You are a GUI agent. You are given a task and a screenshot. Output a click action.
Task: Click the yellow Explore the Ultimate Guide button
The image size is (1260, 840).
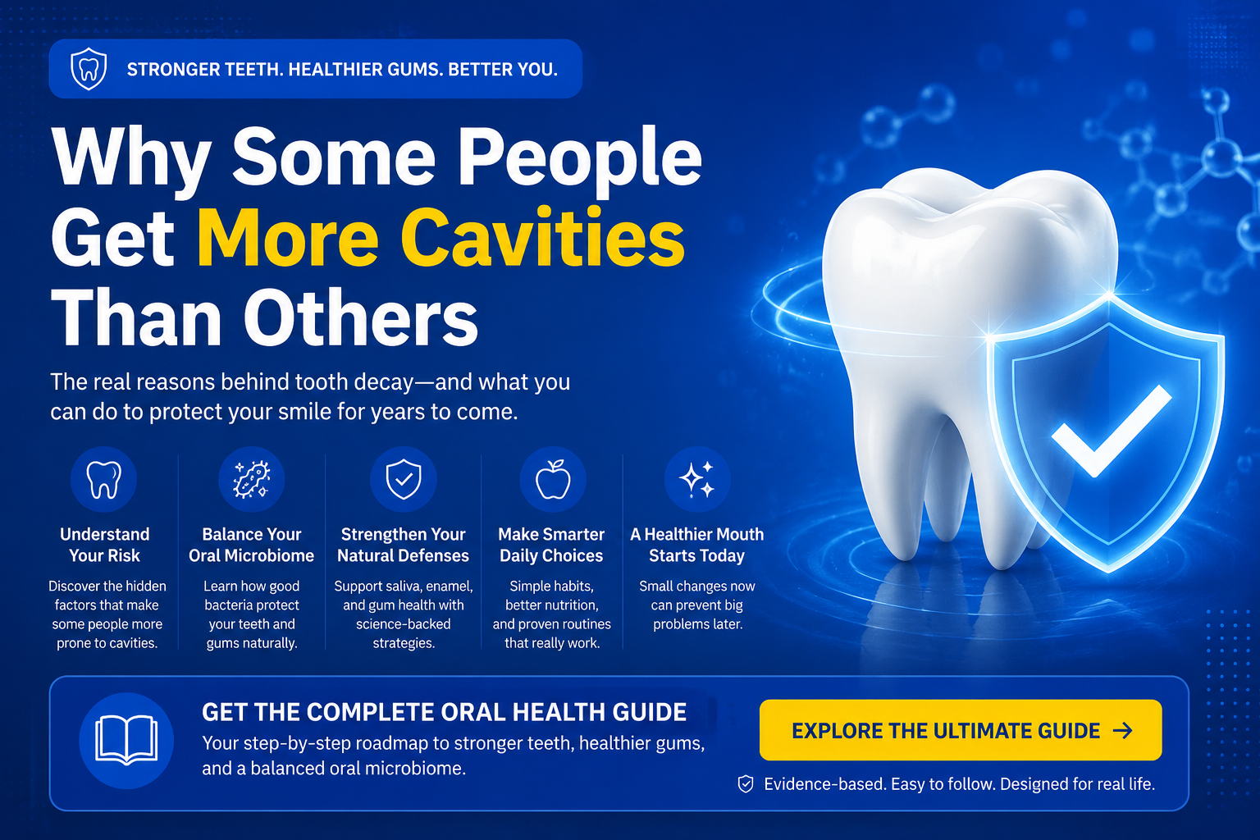[x=961, y=730]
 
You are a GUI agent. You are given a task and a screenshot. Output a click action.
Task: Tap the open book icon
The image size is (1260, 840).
[x=126, y=740]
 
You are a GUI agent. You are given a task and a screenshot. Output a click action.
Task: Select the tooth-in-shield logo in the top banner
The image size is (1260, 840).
[x=89, y=69]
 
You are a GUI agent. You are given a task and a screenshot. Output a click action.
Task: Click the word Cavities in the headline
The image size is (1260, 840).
[x=542, y=237]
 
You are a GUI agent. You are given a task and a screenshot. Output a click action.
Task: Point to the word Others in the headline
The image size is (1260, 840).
[x=361, y=318]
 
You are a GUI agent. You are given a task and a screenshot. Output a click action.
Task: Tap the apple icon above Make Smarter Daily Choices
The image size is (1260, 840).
[x=552, y=479]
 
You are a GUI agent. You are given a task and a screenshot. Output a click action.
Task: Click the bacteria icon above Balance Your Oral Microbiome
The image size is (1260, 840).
[x=252, y=479]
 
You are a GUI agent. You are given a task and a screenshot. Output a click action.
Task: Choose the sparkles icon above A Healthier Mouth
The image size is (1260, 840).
[x=697, y=479]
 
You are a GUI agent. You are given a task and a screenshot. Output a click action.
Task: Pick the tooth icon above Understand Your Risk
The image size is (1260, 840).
[x=103, y=479]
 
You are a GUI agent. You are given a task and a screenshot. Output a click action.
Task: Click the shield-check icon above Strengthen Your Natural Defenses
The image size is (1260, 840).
[x=404, y=479]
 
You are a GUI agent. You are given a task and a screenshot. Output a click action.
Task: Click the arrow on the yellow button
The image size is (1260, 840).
[x=1123, y=730]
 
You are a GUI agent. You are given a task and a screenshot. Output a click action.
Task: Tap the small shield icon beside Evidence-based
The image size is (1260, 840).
[x=746, y=783]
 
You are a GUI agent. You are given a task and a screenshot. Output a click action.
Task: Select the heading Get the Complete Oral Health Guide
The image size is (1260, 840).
[x=444, y=712]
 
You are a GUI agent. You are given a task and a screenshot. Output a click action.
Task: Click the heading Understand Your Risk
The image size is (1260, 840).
[x=105, y=545]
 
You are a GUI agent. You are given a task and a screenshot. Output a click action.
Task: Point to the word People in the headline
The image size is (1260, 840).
[x=580, y=158]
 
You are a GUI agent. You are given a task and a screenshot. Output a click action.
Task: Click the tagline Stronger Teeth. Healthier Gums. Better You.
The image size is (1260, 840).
[x=342, y=69]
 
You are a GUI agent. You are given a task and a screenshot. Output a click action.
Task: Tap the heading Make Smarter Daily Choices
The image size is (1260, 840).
[x=551, y=545]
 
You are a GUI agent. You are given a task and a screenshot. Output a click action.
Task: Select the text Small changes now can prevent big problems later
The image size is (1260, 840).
[x=697, y=605]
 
